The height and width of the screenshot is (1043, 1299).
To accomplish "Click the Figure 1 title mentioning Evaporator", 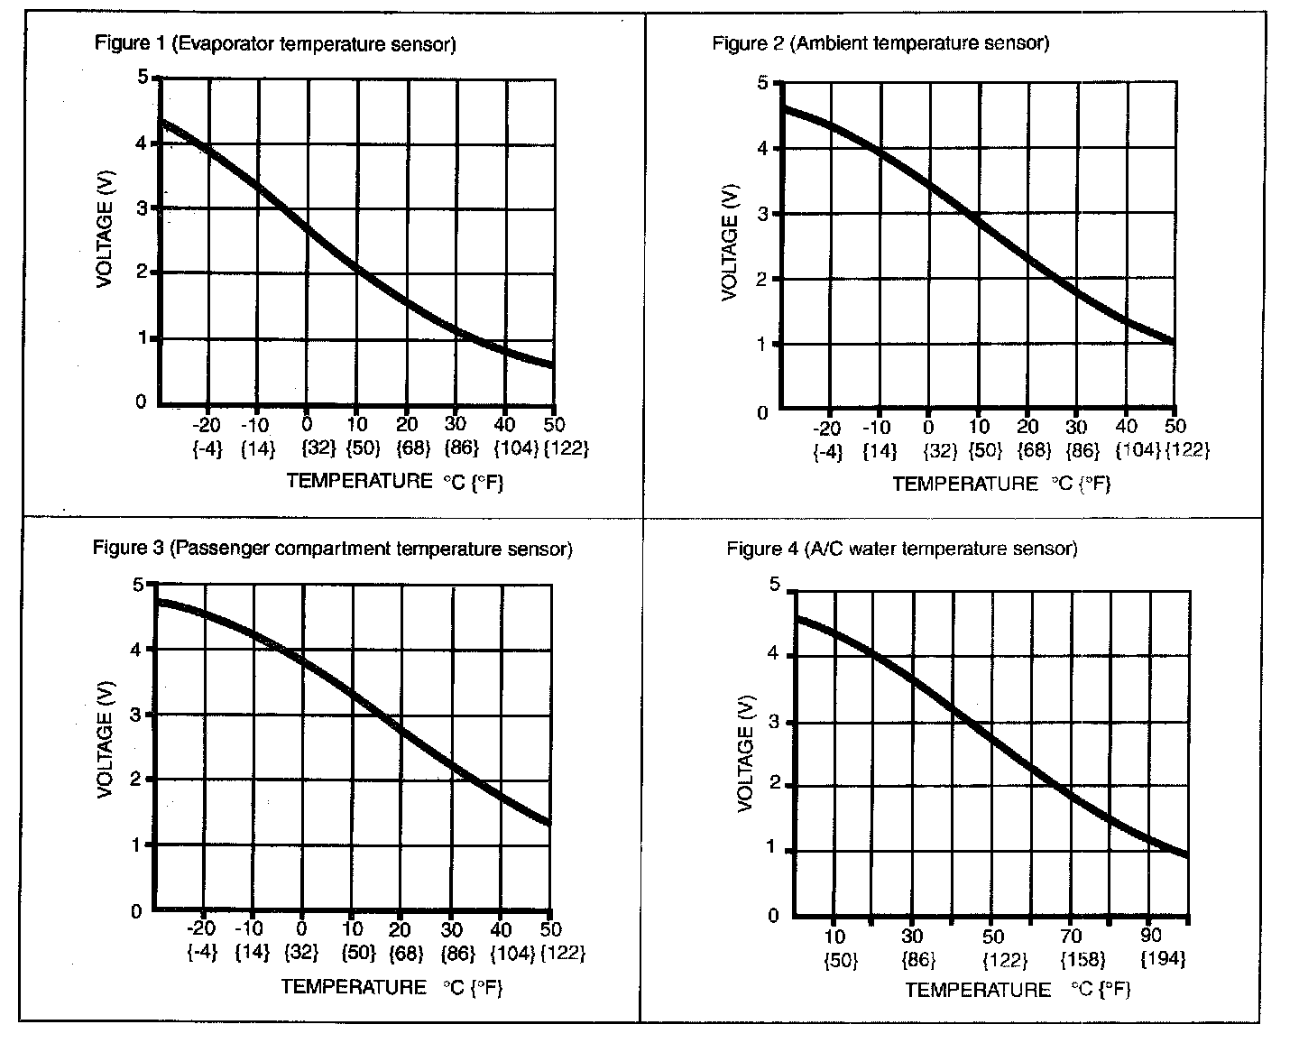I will (x=274, y=43).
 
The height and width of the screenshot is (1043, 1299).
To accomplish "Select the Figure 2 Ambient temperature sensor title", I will (x=880, y=43).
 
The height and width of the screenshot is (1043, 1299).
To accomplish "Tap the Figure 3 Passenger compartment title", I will (x=333, y=549).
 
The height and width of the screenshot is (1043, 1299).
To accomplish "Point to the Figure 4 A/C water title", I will (x=902, y=549).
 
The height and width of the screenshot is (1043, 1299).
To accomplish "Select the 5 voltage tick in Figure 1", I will (x=141, y=78).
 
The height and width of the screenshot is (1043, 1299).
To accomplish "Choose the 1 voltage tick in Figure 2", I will (x=762, y=345).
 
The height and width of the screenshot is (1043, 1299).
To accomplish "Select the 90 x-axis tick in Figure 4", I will (x=1152, y=937).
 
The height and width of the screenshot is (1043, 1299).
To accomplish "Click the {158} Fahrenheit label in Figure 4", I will (x=1071, y=959).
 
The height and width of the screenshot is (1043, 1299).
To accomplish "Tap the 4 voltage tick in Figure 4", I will (x=772, y=654).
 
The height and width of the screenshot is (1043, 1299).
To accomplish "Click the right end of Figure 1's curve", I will (x=551, y=365).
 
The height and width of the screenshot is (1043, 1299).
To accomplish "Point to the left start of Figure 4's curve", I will (x=796, y=618).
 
